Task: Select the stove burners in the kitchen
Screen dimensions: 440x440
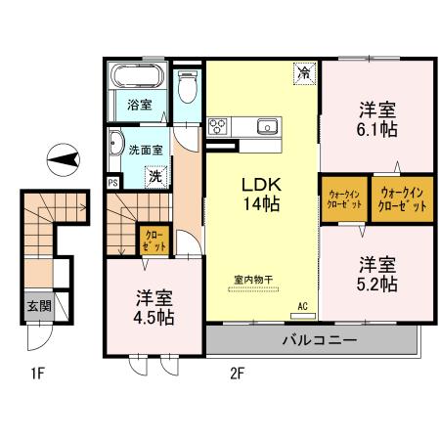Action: tap(219, 125)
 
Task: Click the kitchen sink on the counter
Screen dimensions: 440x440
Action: tap(267, 125)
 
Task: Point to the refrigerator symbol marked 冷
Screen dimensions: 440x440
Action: tap(305, 72)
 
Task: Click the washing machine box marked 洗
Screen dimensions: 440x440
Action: tap(155, 177)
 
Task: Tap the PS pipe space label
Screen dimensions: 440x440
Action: tap(113, 183)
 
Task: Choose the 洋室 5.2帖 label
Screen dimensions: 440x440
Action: tap(376, 274)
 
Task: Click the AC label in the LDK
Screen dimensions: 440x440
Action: tap(303, 306)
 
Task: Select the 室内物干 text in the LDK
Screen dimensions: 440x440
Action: tap(253, 279)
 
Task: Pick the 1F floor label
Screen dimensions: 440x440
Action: tap(37, 373)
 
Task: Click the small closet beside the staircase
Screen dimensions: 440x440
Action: tap(154, 239)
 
